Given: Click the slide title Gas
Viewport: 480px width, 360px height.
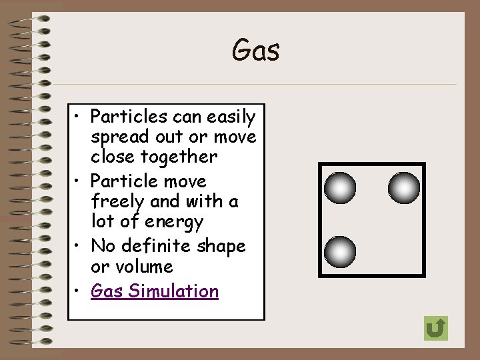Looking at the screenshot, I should [x=255, y=51].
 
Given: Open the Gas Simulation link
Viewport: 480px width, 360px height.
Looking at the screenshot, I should [x=155, y=291].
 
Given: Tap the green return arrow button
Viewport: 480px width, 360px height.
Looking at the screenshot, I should [x=435, y=328].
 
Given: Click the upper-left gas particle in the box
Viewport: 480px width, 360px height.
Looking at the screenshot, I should [x=340, y=188].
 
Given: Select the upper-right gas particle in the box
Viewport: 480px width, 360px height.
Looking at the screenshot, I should [x=404, y=188].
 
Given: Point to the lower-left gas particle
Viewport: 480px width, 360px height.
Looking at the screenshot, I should [x=340, y=252].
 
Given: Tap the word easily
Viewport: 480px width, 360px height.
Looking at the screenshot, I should [x=231, y=117].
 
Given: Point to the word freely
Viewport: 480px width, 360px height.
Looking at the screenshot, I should [x=117, y=201].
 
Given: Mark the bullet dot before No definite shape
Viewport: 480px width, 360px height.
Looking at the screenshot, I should [x=78, y=247].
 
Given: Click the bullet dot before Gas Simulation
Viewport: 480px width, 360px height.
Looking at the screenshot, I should [x=78, y=292].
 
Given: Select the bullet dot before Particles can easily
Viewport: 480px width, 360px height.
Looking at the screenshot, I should [x=78, y=118].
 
